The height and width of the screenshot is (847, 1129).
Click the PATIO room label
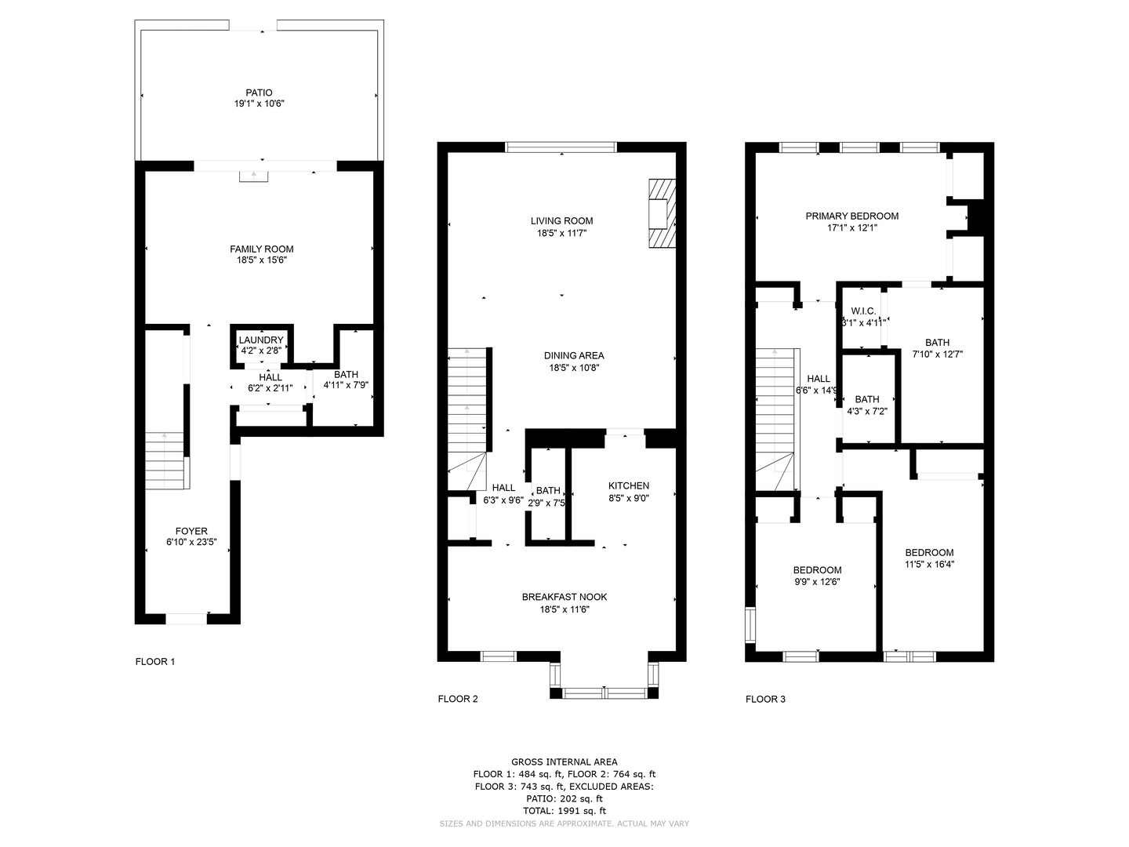(259, 93)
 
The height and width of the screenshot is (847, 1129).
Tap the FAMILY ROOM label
(261, 249)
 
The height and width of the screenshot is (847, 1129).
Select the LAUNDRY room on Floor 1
(261, 345)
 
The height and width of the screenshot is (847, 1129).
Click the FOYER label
(191, 531)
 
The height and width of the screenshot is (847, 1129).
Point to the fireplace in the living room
(661, 213)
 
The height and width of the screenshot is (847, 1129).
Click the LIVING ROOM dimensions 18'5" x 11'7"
(562, 233)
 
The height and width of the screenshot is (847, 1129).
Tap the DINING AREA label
(575, 355)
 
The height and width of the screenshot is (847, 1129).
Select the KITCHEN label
(629, 485)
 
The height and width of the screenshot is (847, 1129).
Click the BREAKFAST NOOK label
(564, 597)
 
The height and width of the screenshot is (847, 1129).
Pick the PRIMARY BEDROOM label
(851, 216)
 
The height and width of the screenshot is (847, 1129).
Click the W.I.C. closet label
(863, 311)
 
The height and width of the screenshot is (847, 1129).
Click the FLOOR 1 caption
(155, 661)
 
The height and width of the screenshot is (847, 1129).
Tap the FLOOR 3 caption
(765, 699)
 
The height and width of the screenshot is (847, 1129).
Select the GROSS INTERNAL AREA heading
(564, 762)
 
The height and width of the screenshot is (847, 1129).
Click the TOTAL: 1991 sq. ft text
(564, 811)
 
